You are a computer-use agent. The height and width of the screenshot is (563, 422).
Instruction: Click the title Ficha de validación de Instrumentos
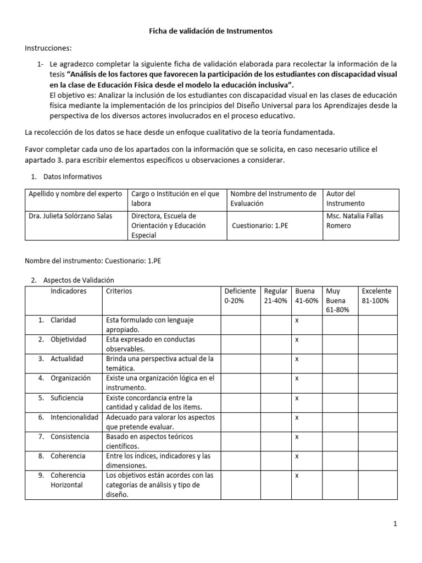pos(211,32)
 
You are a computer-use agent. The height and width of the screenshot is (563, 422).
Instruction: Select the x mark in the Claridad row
pos(297,320)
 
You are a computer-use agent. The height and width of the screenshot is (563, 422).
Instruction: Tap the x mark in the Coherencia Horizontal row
pos(297,475)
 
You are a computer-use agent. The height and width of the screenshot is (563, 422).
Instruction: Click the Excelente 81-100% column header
pos(376,296)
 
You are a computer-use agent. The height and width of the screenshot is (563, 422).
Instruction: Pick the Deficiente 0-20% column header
pos(240,296)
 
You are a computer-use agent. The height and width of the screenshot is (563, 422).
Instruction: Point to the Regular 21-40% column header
pos(275,296)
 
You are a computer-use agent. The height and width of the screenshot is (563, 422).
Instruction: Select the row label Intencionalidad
pos(74,417)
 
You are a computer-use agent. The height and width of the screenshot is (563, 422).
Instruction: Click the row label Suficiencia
pos(67,398)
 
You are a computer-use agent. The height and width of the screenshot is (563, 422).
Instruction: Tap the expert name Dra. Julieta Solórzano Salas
pos(70,216)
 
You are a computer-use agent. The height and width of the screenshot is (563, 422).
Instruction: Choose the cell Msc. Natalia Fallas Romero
pos(354,220)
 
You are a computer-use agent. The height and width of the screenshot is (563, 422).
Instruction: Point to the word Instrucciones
pos(48,48)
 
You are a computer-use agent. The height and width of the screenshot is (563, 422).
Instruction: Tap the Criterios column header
pos(119,291)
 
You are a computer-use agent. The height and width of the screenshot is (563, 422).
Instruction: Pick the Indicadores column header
pos(69,291)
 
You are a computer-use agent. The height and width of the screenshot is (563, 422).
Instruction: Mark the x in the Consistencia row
pos(297,437)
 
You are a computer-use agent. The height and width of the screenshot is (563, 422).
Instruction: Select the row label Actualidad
pos(67,358)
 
